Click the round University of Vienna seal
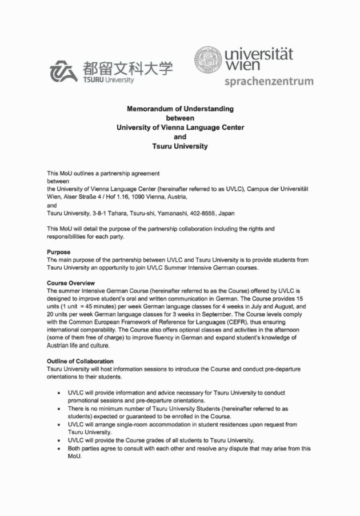[x=210, y=59]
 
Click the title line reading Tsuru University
[x=180, y=146]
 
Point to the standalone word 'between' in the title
[x=180, y=118]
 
